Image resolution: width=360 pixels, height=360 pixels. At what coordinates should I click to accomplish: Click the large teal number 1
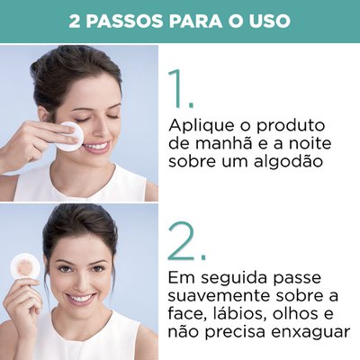tap(182, 89)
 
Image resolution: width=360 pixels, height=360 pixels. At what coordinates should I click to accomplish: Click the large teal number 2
tap(186, 240)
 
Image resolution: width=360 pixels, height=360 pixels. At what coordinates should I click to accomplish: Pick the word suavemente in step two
tap(218, 296)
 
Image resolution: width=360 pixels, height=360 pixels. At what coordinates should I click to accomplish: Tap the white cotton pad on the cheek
tap(71, 136)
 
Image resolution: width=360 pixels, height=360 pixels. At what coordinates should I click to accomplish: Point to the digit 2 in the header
tap(75, 22)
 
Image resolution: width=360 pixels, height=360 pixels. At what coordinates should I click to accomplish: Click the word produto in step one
tap(290, 126)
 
